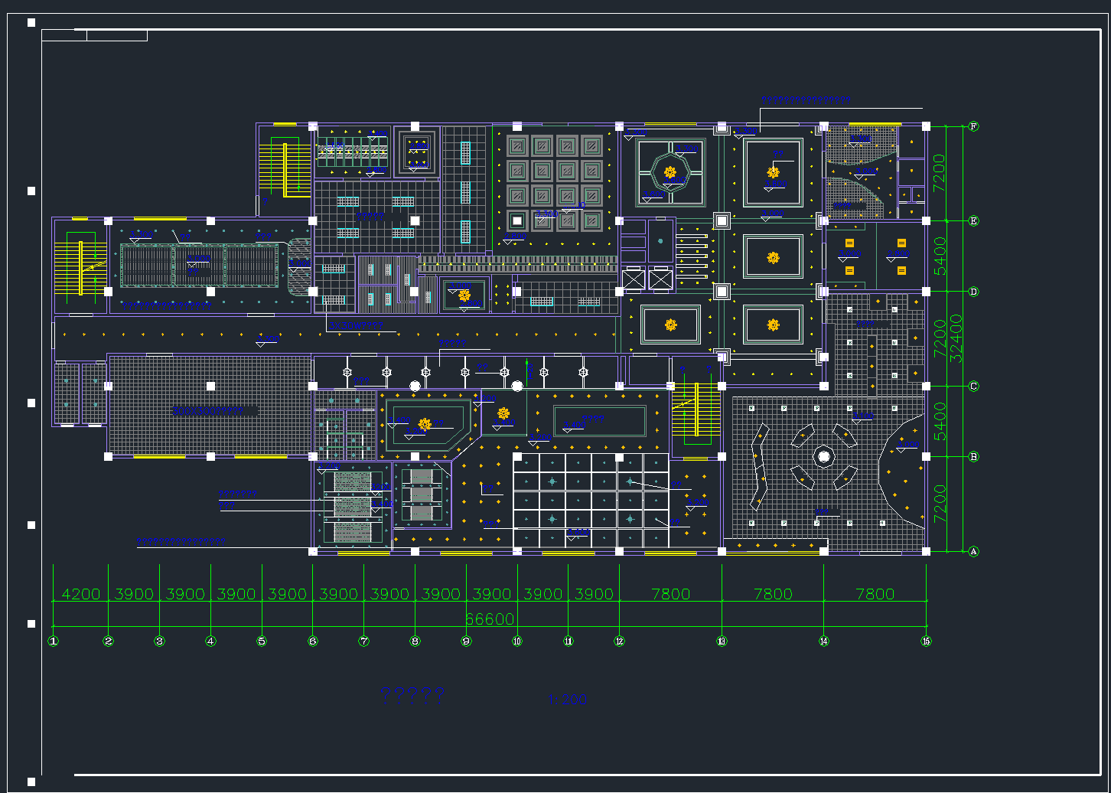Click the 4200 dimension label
(80, 594)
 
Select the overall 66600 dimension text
(490, 619)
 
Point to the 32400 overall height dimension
(956, 338)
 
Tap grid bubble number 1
(54, 641)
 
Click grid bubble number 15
(926, 641)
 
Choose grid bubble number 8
(415, 641)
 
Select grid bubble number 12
(619, 641)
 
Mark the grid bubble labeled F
(974, 126)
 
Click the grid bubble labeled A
(974, 551)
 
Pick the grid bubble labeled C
(974, 386)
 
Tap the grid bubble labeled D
(974, 292)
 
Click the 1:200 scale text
(568, 699)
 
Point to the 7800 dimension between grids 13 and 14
(773, 594)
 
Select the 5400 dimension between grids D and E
(940, 256)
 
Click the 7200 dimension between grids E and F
(940, 173)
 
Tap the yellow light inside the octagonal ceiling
(670, 173)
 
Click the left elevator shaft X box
(634, 279)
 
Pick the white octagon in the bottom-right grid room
(824, 457)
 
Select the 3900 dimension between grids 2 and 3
(134, 594)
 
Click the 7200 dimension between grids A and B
(940, 504)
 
